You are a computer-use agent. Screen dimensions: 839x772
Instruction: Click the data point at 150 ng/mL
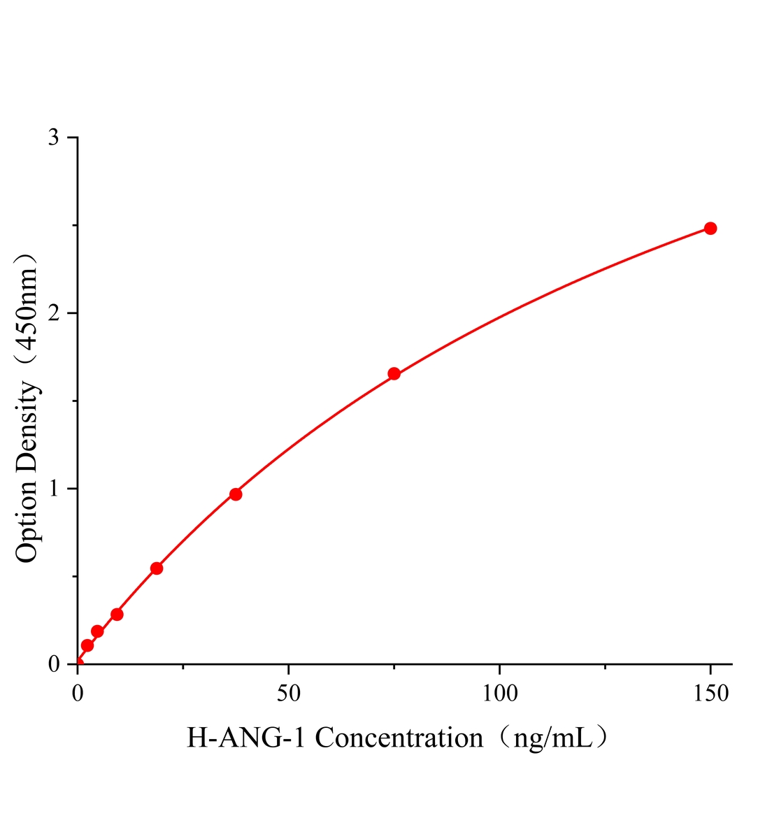[x=710, y=229]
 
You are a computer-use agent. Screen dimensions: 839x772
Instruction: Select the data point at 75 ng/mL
[x=394, y=374]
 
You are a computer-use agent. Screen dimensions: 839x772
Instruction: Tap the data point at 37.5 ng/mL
[x=236, y=494]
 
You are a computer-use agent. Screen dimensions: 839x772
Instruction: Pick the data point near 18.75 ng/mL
[x=157, y=568]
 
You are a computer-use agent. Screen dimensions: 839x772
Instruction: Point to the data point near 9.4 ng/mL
[x=117, y=615]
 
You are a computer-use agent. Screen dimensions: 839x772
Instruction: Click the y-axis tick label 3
[x=53, y=138]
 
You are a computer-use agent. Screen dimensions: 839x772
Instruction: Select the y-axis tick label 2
[x=53, y=313]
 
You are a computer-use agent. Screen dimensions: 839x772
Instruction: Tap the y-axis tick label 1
[x=53, y=489]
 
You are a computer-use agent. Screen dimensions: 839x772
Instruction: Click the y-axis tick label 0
[x=53, y=664]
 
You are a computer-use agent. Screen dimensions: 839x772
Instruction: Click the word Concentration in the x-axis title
[x=399, y=738]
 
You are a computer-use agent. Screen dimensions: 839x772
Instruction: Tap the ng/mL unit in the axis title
[x=552, y=738]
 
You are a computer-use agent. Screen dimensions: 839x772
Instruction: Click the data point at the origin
[x=78, y=664]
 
